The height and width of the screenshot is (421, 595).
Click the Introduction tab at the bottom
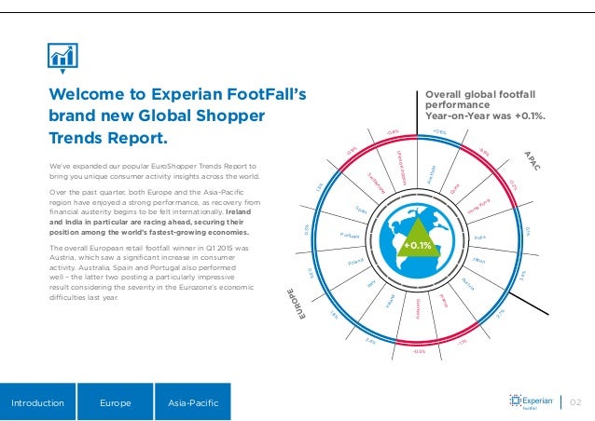click(x=38, y=403)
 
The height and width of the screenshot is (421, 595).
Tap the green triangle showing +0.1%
click(x=416, y=244)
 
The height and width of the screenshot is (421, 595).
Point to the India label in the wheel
click(x=481, y=237)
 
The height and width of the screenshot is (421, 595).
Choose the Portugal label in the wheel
click(x=352, y=234)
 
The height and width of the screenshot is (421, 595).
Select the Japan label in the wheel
click(x=479, y=260)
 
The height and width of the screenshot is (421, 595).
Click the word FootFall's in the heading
click(x=256, y=95)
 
